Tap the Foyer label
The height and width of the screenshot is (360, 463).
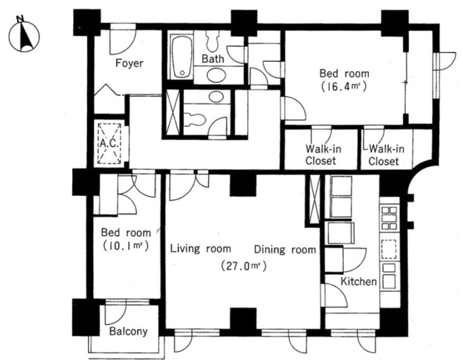pyautogui.click(x=129, y=63)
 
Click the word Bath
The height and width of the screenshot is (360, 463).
pyautogui.click(x=212, y=59)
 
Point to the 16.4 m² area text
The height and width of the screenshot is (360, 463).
pyautogui.click(x=344, y=87)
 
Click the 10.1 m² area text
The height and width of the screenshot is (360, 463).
pyautogui.click(x=125, y=246)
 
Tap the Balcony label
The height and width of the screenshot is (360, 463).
pyautogui.click(x=128, y=332)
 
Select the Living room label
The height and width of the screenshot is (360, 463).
pyautogui.click(x=200, y=249)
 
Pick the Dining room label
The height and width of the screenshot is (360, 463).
pyautogui.click(x=285, y=249)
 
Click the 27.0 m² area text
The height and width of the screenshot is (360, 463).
pyautogui.click(x=243, y=266)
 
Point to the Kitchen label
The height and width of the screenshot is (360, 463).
pyautogui.click(x=359, y=281)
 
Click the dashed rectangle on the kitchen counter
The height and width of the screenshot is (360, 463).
pyautogui.click(x=389, y=249)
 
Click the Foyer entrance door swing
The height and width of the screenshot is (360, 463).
pyautogui.click(x=123, y=42)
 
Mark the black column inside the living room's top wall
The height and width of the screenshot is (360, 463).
pyautogui.click(x=243, y=185)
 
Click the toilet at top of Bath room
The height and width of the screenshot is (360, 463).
pyautogui.click(x=212, y=41)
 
